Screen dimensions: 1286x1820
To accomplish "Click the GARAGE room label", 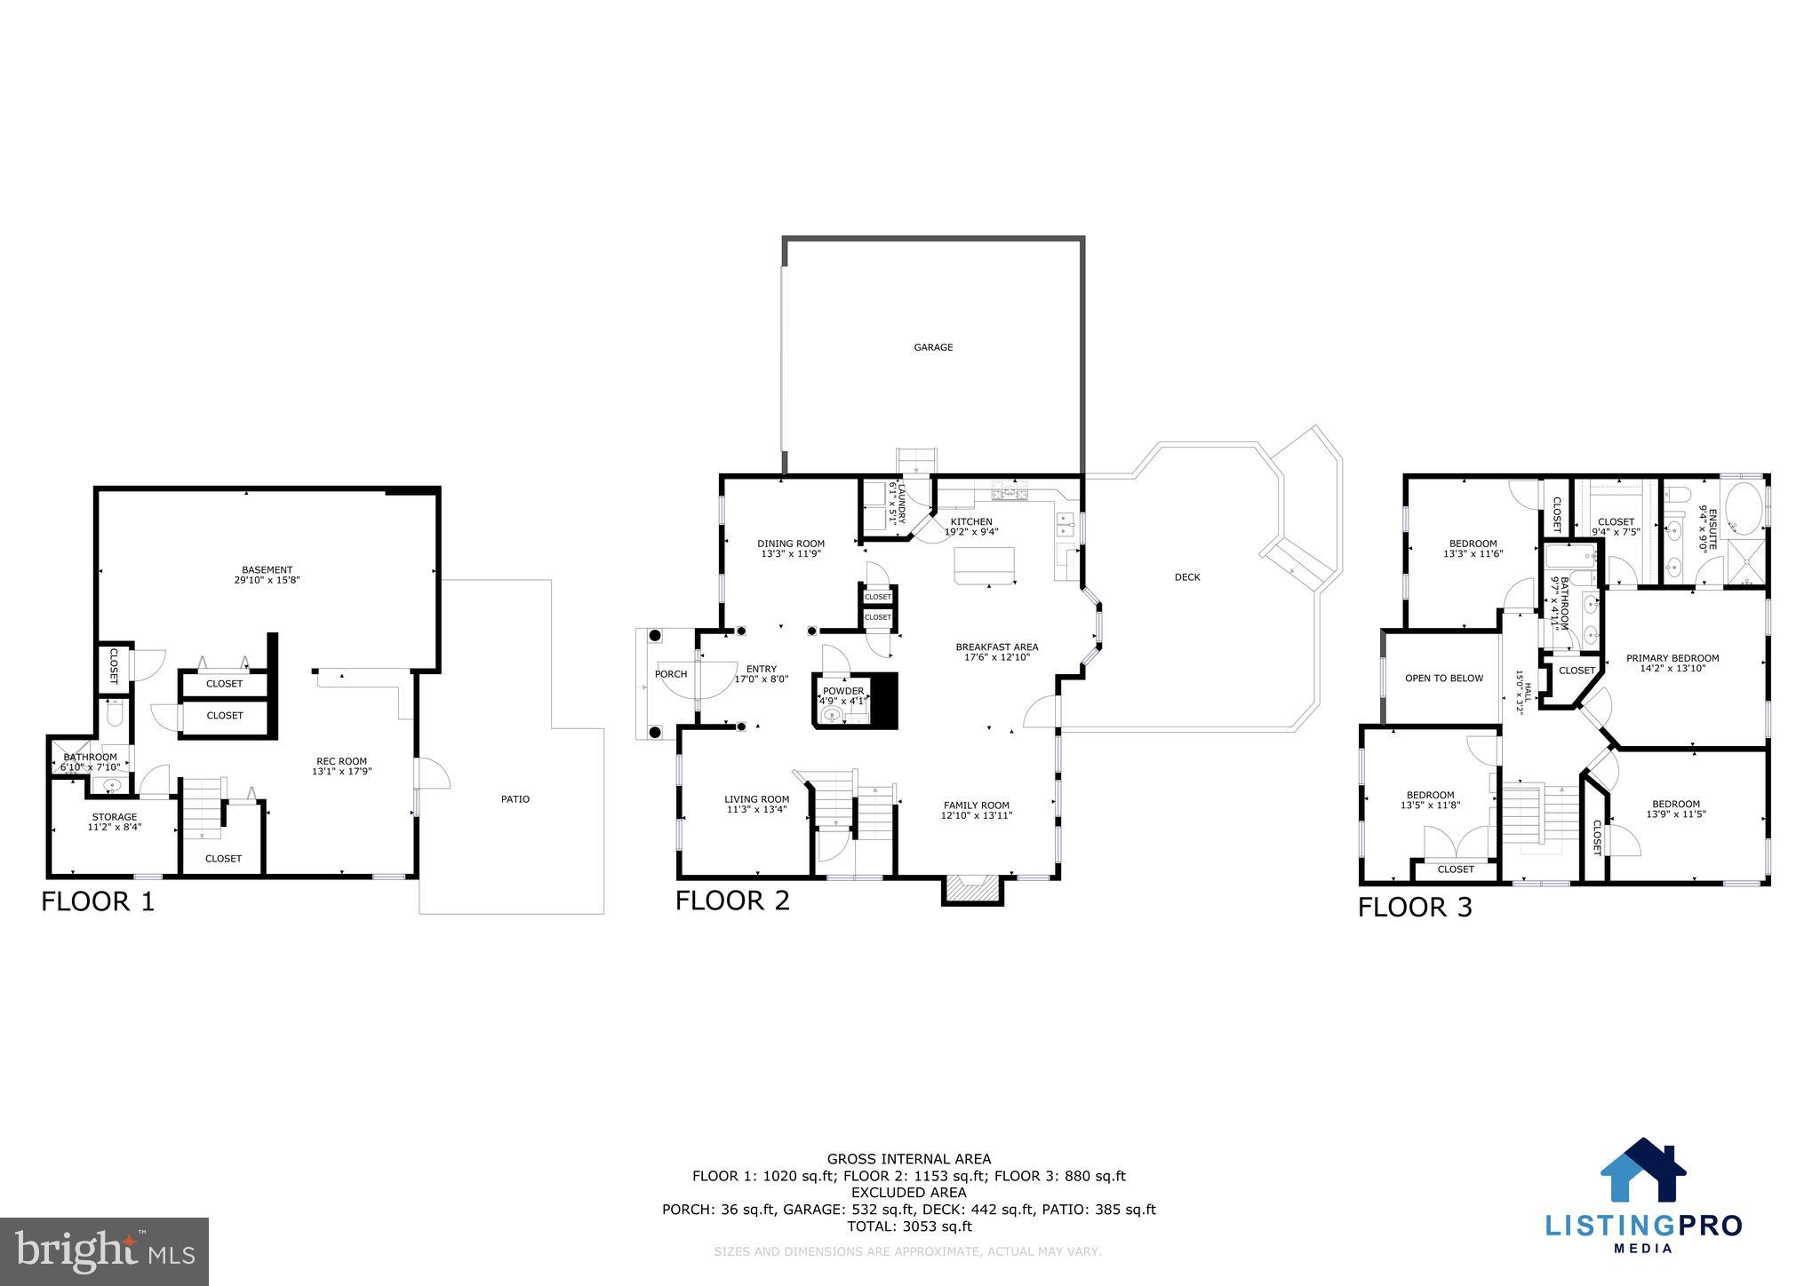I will (933, 347).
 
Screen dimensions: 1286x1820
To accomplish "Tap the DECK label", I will (1187, 577).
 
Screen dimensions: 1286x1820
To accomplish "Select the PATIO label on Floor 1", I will (515, 799).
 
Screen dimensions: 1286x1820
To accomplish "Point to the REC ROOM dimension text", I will (341, 772).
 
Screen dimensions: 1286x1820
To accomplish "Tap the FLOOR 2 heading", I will (732, 901).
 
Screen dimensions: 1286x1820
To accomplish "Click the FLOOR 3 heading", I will (1415, 907).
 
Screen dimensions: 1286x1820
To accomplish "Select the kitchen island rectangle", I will (984, 565).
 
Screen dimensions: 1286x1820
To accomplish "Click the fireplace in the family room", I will (972, 888).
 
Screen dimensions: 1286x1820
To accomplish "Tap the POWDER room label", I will (842, 691).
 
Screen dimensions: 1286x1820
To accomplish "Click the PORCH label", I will (671, 674).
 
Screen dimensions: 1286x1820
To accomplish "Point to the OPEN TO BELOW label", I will (1443, 679).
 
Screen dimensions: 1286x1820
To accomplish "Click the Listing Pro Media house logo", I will (1643, 1171).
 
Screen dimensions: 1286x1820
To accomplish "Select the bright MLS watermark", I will (105, 1251).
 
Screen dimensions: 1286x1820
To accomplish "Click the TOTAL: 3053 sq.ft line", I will (908, 1226).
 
